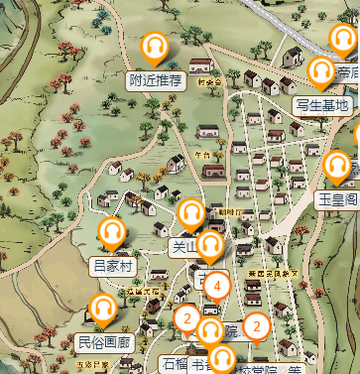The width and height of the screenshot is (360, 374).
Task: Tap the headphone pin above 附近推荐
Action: click(x=155, y=48)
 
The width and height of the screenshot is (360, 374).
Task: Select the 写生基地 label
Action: click(x=322, y=104)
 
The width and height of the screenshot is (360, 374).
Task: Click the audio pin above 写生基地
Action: click(x=320, y=71)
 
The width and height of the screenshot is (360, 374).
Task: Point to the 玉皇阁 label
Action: click(x=337, y=198)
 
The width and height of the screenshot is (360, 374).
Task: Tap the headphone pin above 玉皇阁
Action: click(x=337, y=166)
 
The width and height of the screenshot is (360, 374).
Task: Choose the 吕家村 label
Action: click(x=112, y=265)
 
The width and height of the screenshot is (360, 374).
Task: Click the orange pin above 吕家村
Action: click(x=112, y=233)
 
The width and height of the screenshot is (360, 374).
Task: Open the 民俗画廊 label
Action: click(x=103, y=343)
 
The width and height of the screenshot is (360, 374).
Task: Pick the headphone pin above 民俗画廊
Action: click(x=102, y=311)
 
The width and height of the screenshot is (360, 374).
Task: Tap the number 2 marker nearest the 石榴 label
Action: click(x=185, y=318)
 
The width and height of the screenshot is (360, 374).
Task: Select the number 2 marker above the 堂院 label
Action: click(x=257, y=325)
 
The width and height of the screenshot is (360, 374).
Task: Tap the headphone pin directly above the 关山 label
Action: click(x=191, y=213)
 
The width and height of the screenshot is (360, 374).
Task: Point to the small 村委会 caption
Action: click(x=206, y=83)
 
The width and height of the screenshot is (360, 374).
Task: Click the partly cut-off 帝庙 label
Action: click(x=346, y=71)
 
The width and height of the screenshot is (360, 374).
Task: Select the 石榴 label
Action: click(x=173, y=364)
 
